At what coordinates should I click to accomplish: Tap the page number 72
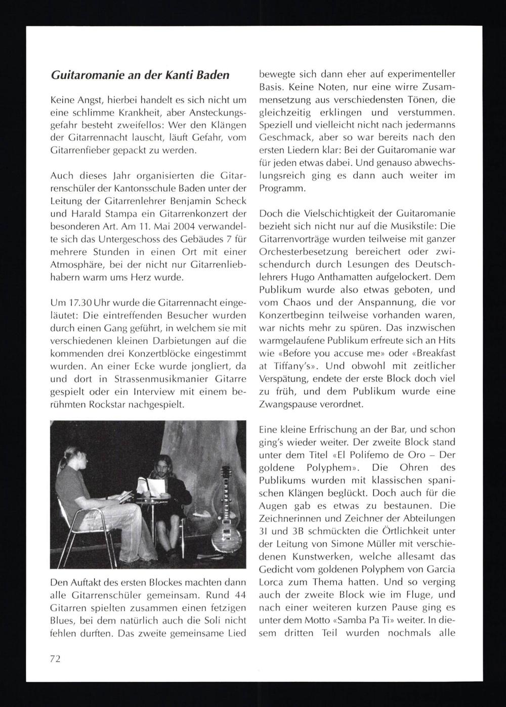point(56,658)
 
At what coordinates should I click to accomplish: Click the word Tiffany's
point(291,366)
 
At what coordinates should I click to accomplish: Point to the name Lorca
point(271,582)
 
